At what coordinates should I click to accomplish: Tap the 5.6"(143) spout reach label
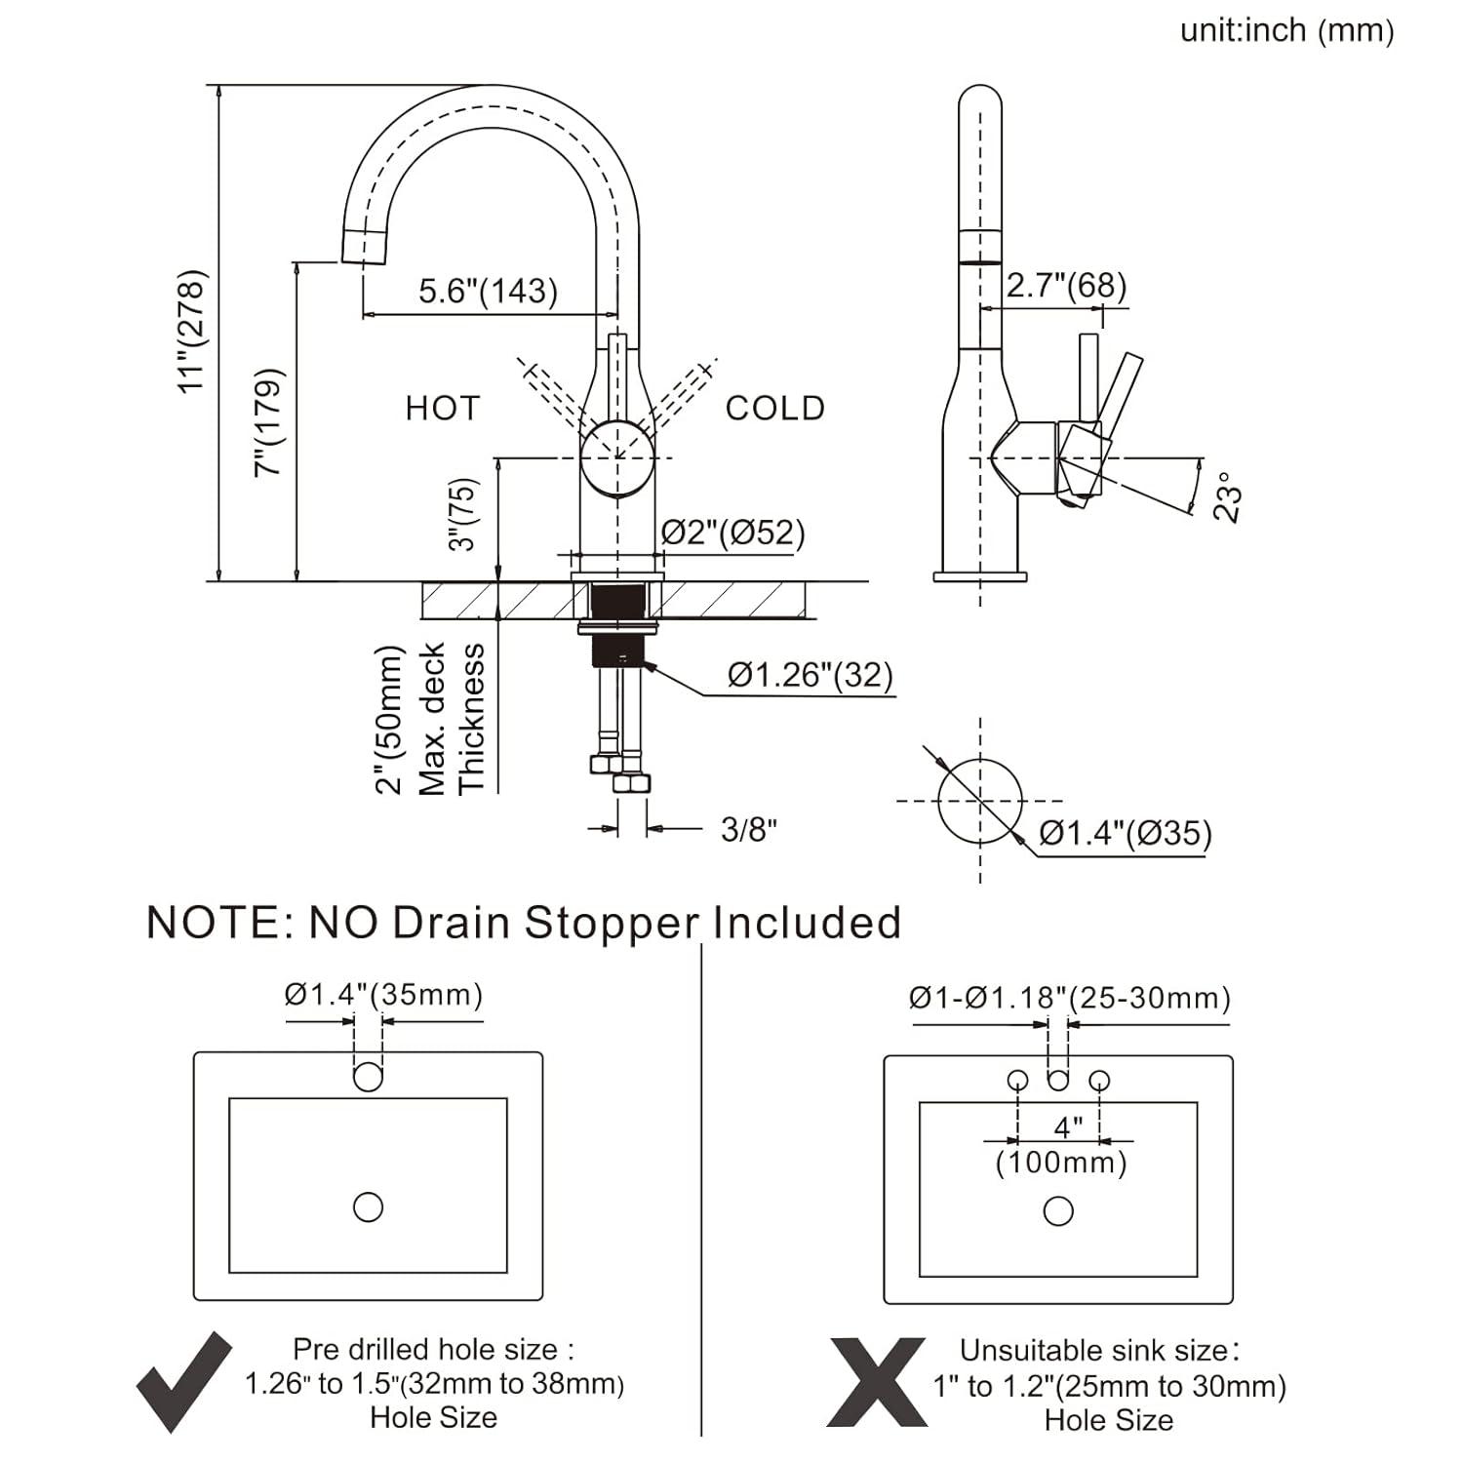(x=488, y=291)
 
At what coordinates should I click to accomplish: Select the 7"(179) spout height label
(x=269, y=421)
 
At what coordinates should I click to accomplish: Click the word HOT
(x=443, y=408)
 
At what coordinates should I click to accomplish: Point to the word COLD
(x=775, y=408)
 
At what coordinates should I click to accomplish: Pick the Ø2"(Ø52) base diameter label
(x=733, y=533)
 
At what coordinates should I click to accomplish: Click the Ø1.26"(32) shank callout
(x=811, y=674)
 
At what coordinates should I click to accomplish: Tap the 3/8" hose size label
(x=749, y=829)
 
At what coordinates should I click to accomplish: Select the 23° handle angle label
(x=1231, y=497)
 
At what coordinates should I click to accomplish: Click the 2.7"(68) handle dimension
(x=1066, y=285)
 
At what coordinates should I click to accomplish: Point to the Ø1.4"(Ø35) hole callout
(x=1126, y=833)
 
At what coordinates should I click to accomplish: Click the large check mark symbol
(x=183, y=1382)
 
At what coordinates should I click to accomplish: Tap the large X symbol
(x=877, y=1383)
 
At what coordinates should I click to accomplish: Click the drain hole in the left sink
(x=368, y=1206)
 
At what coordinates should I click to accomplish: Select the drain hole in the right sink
(x=1058, y=1211)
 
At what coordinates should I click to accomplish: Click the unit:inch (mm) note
(x=1286, y=31)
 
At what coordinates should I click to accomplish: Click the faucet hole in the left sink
(x=368, y=1077)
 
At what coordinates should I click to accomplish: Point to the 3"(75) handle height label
(x=464, y=514)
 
